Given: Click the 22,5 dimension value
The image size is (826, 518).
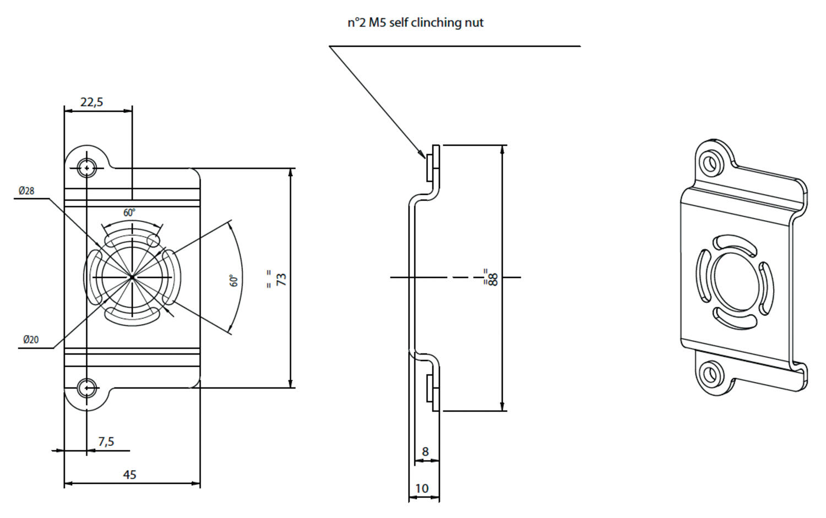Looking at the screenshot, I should pos(92,102).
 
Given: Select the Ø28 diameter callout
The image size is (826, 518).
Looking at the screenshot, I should pos(26,191).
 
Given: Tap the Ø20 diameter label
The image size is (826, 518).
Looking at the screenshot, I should pos(31,340).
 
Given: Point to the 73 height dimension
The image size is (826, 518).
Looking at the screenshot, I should pos(281,279).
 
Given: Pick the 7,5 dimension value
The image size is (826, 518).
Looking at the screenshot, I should pos(106,441).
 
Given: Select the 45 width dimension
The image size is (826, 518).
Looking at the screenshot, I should pos(129,475).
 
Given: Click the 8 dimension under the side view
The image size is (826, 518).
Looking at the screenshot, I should pos(425,452).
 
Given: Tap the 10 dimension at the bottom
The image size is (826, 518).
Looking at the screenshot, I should pos(422,488).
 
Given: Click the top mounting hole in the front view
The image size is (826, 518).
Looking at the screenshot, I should pos(86,167).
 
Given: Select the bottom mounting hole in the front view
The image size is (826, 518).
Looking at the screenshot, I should pos(86,389).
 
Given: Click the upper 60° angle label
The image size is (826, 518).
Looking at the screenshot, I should pos(129,212).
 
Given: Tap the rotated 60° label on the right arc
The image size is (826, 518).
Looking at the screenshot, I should pos(234,281).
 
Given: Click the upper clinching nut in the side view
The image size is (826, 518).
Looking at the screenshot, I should pos(430,167).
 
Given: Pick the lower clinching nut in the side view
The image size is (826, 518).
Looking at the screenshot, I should pos(430,389).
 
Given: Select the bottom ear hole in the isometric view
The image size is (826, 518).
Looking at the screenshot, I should pos(711,375).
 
